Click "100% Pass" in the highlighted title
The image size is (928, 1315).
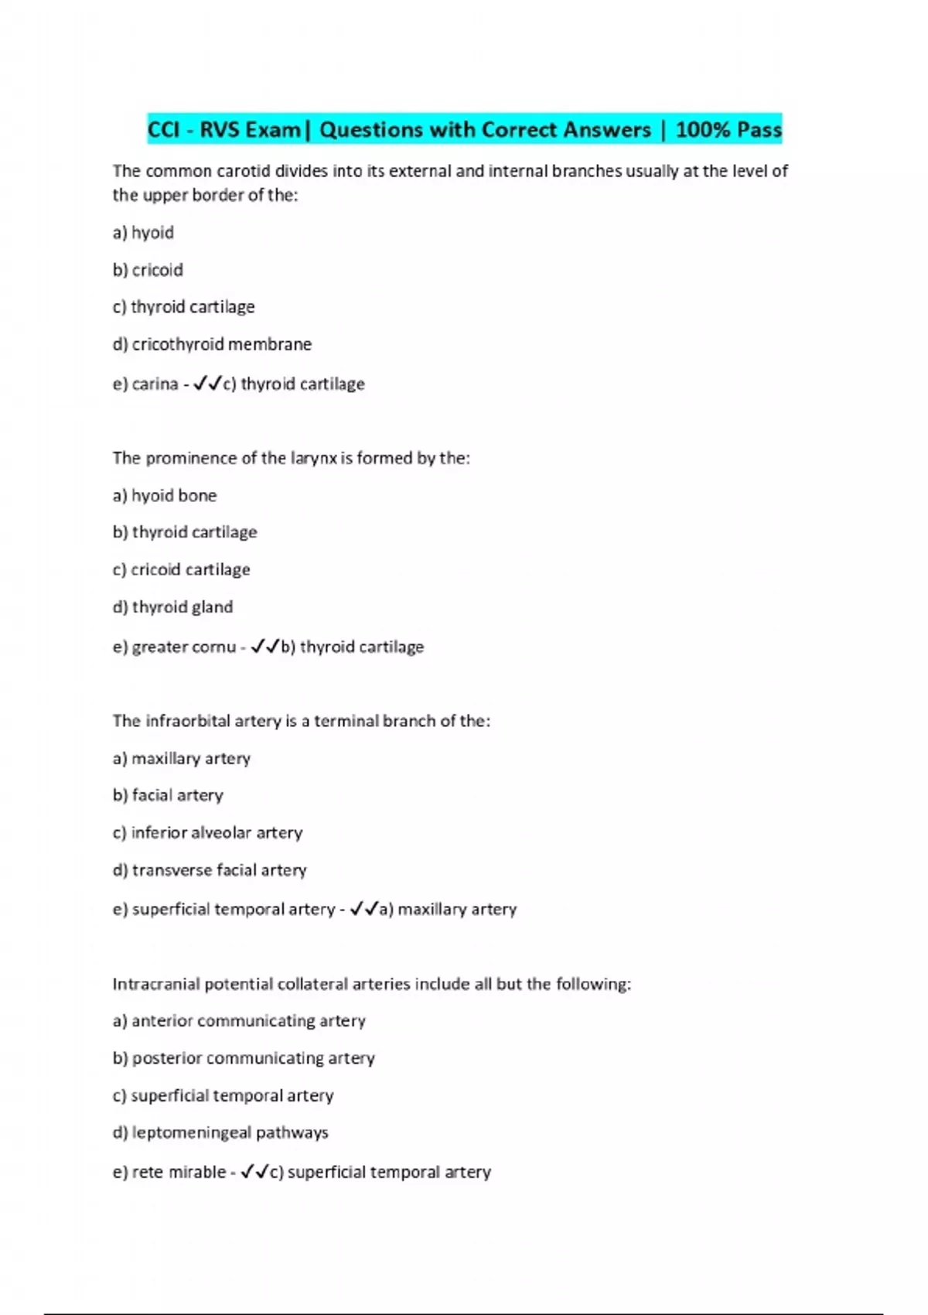(728, 129)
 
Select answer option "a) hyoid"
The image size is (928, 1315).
(143, 233)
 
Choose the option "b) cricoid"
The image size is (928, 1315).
(148, 270)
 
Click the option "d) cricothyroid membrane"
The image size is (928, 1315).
(212, 344)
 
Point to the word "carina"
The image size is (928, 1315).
(155, 384)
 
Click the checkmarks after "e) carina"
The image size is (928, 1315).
(207, 383)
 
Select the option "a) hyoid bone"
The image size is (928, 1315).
(165, 495)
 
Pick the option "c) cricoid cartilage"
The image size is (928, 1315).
(181, 569)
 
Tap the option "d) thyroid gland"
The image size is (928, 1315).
(172, 606)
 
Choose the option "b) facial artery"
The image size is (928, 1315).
(168, 795)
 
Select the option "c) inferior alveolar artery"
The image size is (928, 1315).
(207, 832)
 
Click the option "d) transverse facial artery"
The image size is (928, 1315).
(210, 870)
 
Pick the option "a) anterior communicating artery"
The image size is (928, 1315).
(239, 1021)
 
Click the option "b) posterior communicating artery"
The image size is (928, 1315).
(244, 1058)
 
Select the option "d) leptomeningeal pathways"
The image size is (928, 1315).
(220, 1132)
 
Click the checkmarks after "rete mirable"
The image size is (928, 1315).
(254, 1172)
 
